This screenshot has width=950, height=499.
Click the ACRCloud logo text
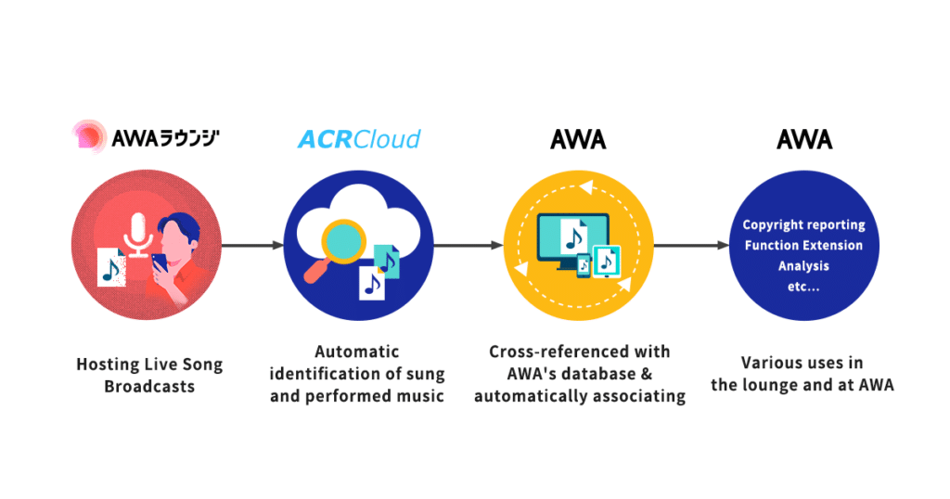coord(358,139)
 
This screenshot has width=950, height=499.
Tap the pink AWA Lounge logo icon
coord(88,137)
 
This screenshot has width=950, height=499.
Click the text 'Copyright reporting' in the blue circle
coord(803,224)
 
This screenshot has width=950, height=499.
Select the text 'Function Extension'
coord(803,245)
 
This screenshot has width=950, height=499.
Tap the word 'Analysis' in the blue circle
coord(803,265)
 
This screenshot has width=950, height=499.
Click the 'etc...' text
coord(803,286)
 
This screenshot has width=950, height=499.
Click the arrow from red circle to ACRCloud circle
coord(252,246)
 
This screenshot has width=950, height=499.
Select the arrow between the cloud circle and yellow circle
coord(469,246)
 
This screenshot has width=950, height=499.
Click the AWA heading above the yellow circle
coord(578,139)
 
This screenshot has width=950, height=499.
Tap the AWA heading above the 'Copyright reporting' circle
coord(803,139)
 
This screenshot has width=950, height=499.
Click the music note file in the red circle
coord(111,265)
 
